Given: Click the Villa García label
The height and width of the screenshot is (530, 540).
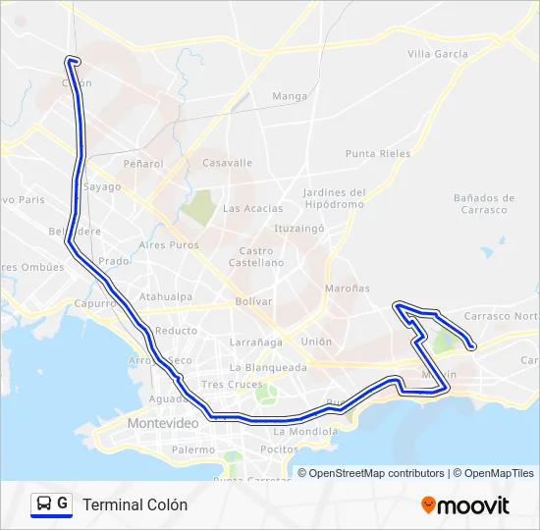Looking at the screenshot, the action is click(x=437, y=54).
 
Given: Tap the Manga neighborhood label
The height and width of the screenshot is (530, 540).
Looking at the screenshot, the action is click(x=290, y=96).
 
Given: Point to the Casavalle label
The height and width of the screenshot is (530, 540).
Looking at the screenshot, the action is click(x=227, y=163).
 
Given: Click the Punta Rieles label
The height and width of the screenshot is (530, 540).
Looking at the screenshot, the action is click(x=376, y=153).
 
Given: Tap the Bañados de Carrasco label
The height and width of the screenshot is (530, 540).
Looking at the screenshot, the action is click(x=480, y=203).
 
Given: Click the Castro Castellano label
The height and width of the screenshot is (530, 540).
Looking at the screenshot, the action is click(x=255, y=257).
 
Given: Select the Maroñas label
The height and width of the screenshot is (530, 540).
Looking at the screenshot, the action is click(x=348, y=289).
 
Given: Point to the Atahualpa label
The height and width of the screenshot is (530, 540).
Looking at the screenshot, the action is click(x=165, y=295).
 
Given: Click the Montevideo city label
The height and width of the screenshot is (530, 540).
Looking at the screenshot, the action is click(x=163, y=422).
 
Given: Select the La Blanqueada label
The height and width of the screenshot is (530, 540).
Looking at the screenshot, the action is click(x=268, y=367).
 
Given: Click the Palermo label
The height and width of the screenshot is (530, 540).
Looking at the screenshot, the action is click(x=192, y=450).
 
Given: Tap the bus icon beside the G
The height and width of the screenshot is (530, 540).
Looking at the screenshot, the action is click(x=44, y=503).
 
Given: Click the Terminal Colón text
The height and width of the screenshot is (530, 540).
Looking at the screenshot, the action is click(x=135, y=504).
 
